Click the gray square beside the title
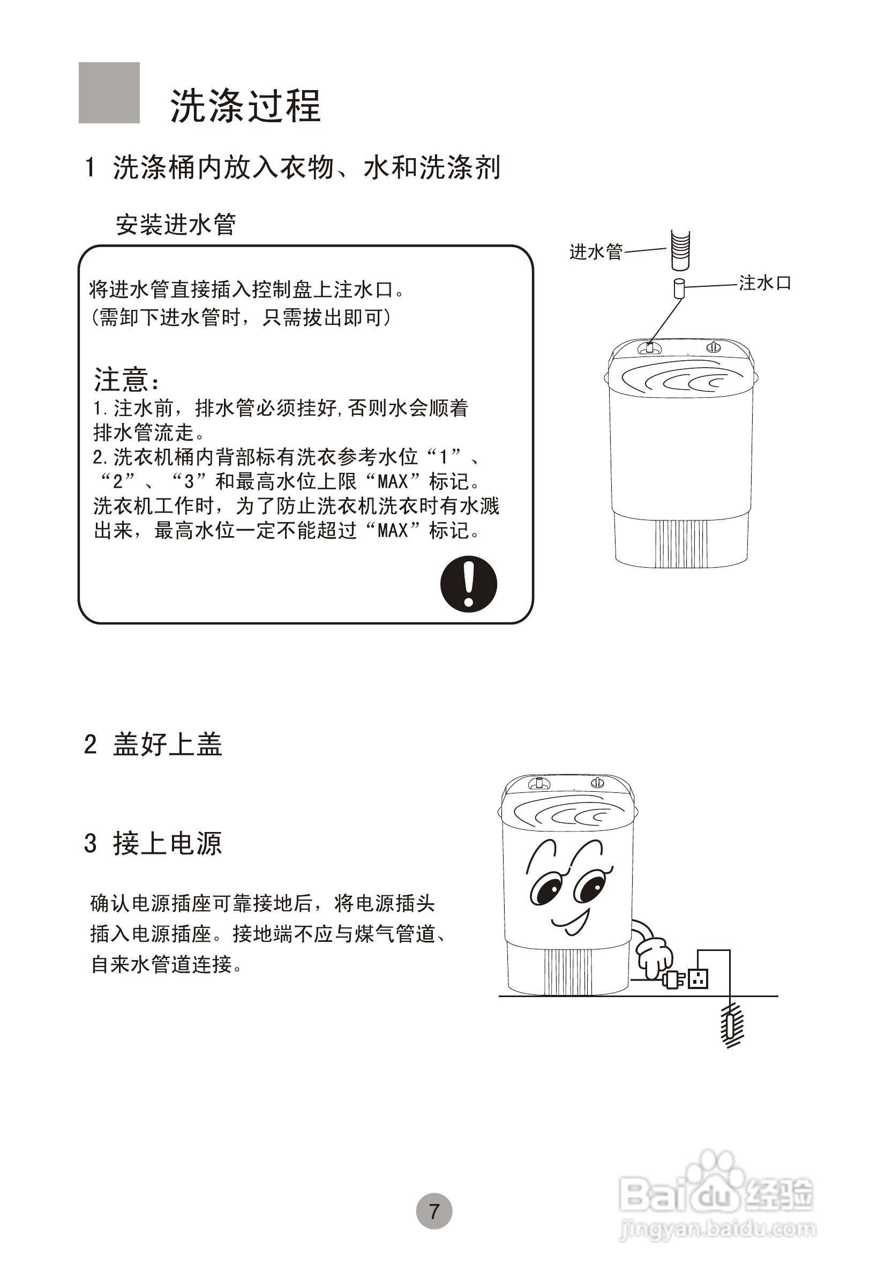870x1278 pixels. [x=109, y=92]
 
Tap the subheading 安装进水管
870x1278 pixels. [x=176, y=225]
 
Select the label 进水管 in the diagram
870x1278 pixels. [x=596, y=252]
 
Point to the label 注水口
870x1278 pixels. [x=764, y=283]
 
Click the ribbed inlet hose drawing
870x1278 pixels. [x=680, y=250]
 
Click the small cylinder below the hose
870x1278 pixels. [x=679, y=288]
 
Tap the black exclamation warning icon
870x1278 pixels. [x=468, y=584]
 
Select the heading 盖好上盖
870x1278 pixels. [x=167, y=745]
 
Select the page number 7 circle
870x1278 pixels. [x=434, y=1210]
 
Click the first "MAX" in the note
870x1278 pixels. [x=392, y=482]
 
